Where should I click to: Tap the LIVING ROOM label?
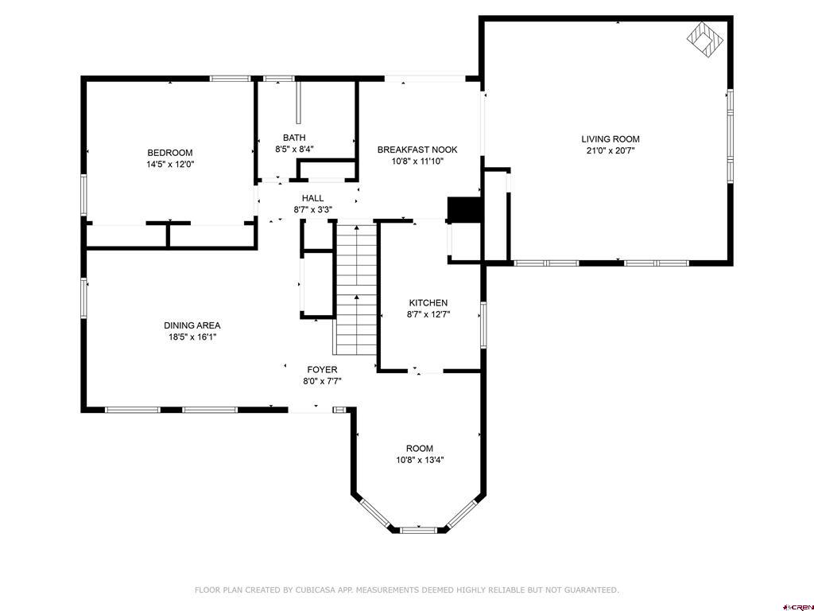[610, 139]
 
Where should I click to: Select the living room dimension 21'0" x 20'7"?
[610, 150]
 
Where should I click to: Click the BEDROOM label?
[169, 153]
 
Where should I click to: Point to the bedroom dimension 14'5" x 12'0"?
[169, 165]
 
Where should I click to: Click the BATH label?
[294, 138]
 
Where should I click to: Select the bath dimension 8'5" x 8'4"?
[294, 149]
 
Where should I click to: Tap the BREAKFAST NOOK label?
[417, 150]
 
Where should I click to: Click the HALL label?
[312, 198]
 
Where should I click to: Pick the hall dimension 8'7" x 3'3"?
[312, 210]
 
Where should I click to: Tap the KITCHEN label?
[428, 303]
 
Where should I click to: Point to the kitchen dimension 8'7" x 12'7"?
[428, 314]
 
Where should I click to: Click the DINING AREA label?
[192, 325]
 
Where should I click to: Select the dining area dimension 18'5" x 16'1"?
[192, 337]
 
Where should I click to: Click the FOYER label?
[322, 370]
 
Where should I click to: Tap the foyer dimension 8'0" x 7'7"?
[322, 381]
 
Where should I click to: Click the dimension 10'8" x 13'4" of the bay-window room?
[420, 460]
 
